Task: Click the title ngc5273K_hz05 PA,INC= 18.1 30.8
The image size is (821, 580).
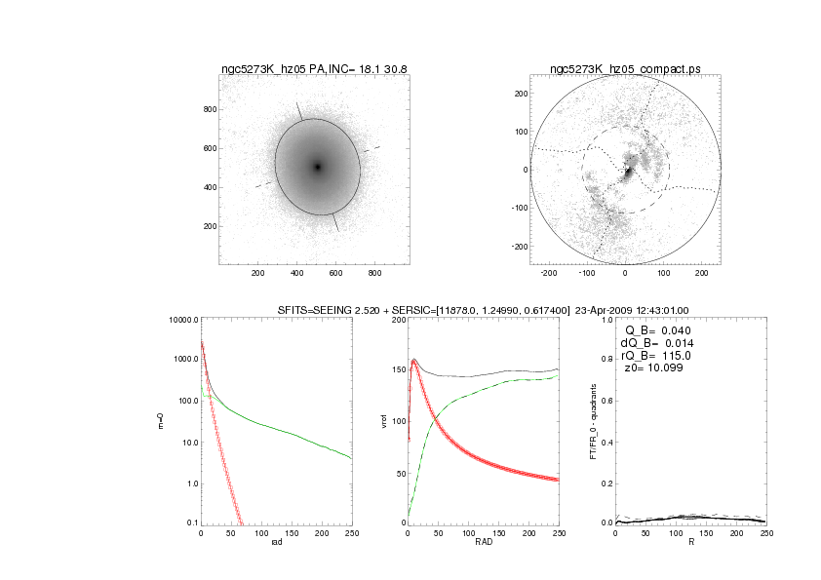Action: (x=314, y=68)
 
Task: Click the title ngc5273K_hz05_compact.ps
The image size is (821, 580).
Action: (x=625, y=68)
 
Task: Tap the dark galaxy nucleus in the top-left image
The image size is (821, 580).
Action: (x=317, y=167)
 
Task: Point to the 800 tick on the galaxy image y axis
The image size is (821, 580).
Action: (x=208, y=109)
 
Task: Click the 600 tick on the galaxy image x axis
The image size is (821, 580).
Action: (x=336, y=274)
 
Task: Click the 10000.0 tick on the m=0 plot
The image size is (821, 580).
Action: (x=182, y=320)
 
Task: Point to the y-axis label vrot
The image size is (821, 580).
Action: (x=382, y=421)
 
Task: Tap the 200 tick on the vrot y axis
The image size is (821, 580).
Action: (x=398, y=320)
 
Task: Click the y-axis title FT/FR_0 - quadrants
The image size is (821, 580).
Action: (x=594, y=421)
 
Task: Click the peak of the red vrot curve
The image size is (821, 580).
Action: (x=413, y=363)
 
